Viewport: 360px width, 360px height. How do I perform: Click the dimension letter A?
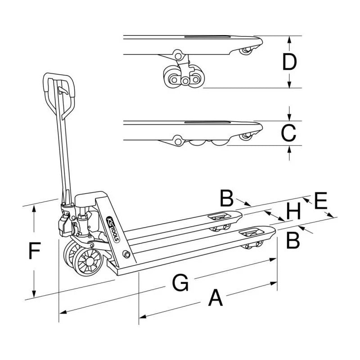pos(216,298)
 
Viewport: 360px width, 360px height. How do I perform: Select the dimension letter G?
pos(180,283)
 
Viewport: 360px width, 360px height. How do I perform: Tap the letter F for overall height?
pos(35,251)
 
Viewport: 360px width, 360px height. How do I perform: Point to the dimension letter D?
pos(289,63)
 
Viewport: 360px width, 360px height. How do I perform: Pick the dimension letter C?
pos(288,133)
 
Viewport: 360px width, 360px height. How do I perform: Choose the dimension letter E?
pos(320,201)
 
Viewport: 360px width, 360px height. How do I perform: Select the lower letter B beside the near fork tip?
pos(293,241)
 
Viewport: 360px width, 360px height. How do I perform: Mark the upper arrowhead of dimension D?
pos(289,39)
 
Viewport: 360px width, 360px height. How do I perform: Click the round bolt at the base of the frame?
pos(126,256)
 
